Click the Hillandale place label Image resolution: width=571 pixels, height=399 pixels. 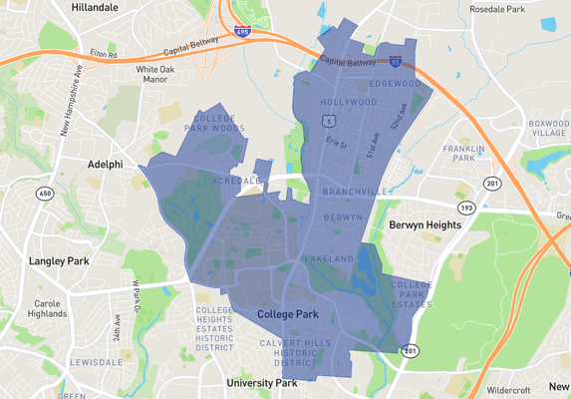tap(92, 7)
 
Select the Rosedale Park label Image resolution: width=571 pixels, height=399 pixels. tap(496, 9)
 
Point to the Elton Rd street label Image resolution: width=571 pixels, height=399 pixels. tap(104, 54)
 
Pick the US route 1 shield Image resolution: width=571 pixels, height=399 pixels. tap(328, 121)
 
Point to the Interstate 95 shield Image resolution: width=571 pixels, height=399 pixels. tap(396, 62)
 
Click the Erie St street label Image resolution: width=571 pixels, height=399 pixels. tap(337, 144)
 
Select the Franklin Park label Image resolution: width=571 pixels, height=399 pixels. tap(463, 153)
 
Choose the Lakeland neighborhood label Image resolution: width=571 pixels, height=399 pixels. tap(329, 259)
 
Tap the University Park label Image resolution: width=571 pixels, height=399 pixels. tap(261, 383)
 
